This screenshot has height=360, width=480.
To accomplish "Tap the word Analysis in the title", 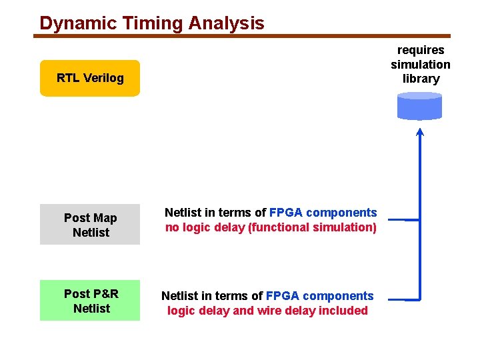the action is [226, 23].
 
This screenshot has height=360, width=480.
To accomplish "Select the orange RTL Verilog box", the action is [90, 78].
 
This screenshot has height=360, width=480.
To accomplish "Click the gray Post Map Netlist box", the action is [90, 225].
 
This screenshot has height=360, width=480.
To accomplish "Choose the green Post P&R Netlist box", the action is [90, 301].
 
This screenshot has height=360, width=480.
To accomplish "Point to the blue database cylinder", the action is [419, 106].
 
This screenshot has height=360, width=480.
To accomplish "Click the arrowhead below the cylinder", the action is [420, 131].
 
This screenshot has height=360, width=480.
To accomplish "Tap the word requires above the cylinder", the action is [421, 50].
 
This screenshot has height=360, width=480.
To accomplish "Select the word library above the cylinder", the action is [421, 79].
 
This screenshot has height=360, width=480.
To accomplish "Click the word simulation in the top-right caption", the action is [421, 65].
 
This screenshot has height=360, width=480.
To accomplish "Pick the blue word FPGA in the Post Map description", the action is [286, 213].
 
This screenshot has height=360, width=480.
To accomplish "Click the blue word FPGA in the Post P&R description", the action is [282, 295].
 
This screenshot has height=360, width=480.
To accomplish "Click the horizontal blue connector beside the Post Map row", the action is [403, 219].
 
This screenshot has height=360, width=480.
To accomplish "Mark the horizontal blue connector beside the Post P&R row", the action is [403, 299].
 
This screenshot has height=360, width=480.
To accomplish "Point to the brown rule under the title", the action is [244, 36].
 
